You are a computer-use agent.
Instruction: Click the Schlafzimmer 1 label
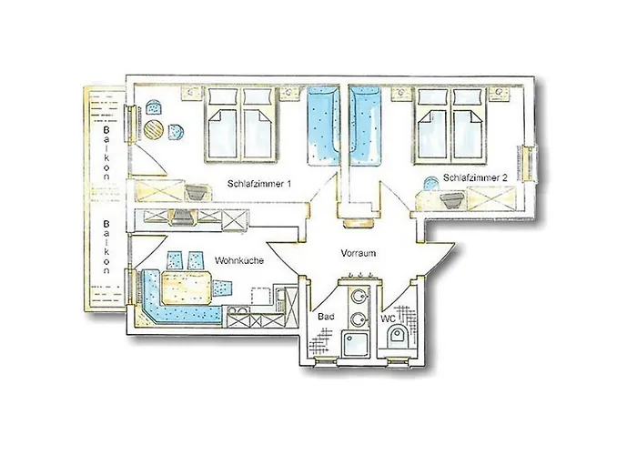tap(259, 184)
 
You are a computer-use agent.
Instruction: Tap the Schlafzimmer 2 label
tap(475, 178)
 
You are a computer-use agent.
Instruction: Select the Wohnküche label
tap(239, 260)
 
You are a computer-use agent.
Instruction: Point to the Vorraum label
tap(359, 253)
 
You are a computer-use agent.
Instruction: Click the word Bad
tap(326, 317)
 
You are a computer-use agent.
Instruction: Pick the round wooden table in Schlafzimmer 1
tap(154, 129)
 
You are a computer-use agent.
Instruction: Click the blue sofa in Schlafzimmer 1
tap(323, 126)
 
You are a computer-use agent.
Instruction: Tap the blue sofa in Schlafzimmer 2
tap(365, 126)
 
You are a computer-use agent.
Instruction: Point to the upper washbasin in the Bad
tap(358, 296)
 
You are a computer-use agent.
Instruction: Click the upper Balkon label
tap(106, 152)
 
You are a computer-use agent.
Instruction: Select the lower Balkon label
tap(106, 247)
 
